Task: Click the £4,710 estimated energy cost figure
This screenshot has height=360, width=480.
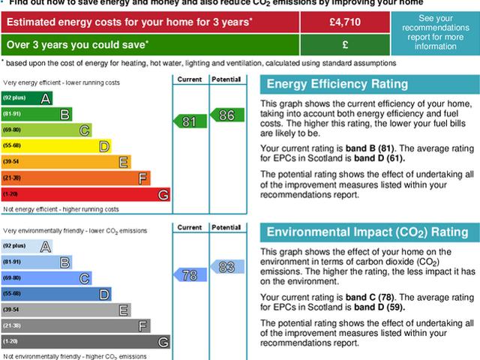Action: [345, 22]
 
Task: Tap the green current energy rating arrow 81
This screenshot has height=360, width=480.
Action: [190, 121]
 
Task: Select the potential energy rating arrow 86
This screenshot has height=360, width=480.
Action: [226, 115]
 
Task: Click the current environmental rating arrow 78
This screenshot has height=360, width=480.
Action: [190, 274]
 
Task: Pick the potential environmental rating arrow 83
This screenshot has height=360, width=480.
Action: [226, 266]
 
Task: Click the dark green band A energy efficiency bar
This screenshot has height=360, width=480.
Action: [27, 98]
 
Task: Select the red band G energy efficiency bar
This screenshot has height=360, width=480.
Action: [85, 195]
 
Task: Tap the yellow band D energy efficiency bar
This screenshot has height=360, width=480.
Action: [56, 146]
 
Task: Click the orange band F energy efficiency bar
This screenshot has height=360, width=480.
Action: [76, 178]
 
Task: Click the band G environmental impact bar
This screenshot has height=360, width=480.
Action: [85, 342]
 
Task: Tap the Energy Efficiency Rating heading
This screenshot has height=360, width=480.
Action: [337, 84]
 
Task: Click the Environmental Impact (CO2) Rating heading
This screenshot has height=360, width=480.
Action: [367, 232]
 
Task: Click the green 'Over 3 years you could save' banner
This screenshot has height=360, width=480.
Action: [150, 43]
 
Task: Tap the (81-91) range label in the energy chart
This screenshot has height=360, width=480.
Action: [12, 114]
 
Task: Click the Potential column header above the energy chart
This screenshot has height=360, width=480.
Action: [225, 78]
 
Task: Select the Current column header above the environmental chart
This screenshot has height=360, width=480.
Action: [190, 226]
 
